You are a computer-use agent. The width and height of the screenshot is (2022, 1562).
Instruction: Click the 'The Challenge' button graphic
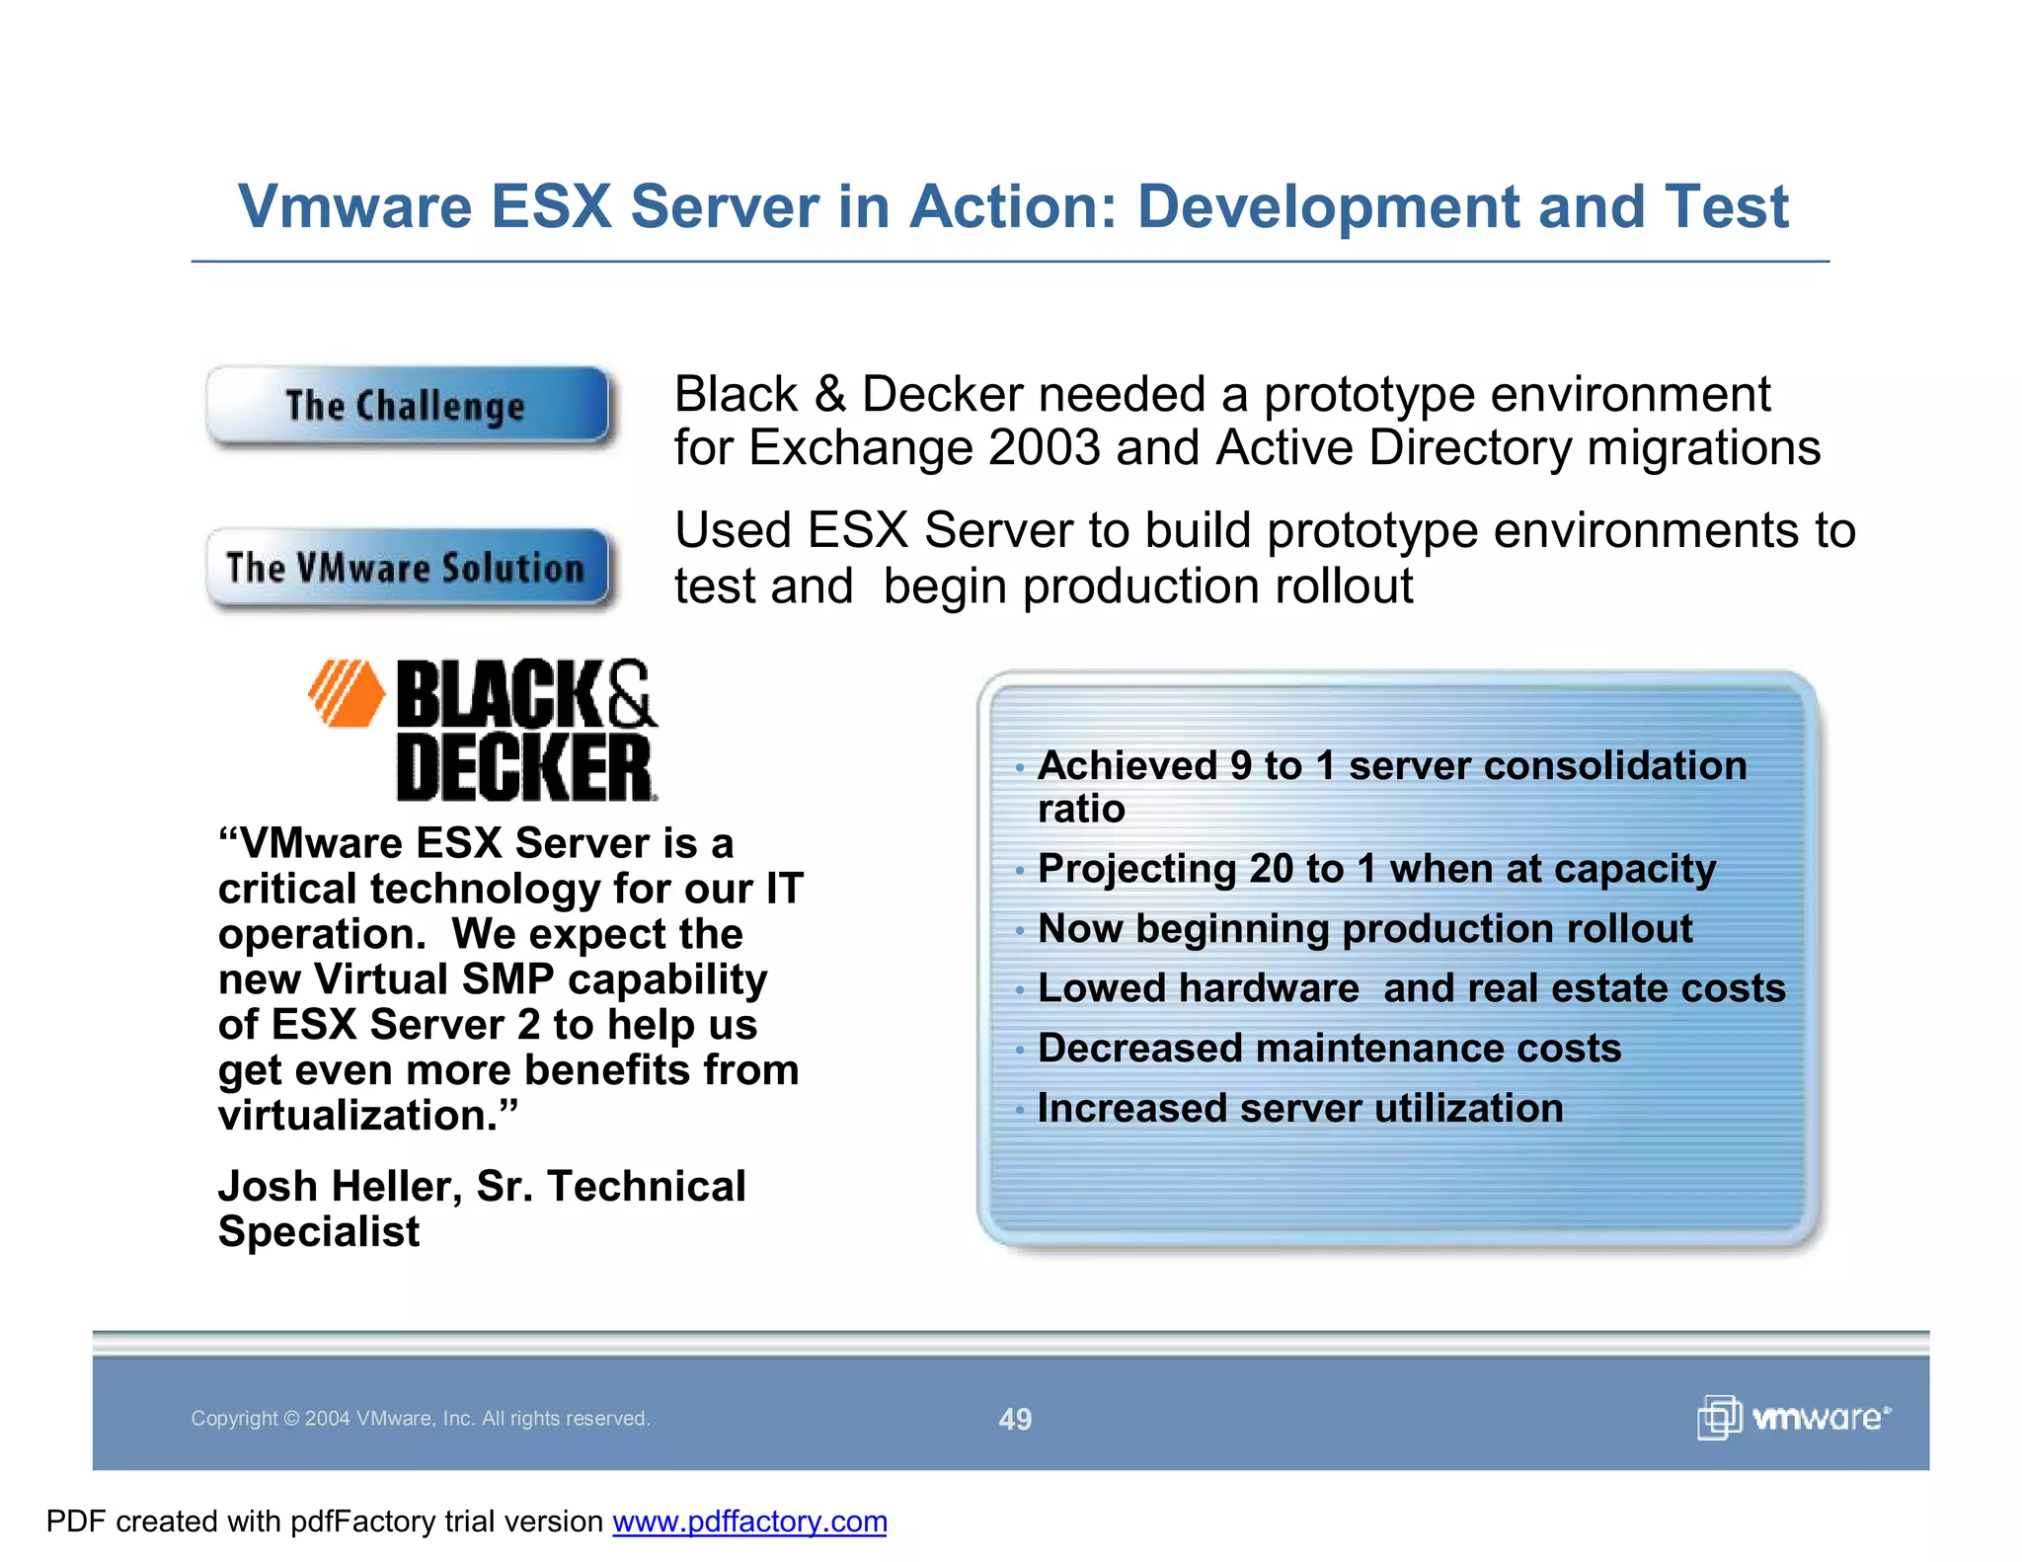(x=407, y=406)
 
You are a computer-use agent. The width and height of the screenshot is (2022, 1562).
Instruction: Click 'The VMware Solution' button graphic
(x=407, y=568)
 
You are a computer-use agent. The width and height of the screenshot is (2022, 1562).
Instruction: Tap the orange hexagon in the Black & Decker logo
(x=347, y=693)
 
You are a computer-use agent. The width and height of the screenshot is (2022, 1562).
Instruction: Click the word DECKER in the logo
(x=524, y=768)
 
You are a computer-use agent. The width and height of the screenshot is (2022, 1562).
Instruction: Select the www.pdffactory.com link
(x=749, y=1522)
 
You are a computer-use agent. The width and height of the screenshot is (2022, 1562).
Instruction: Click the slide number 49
(x=1015, y=1419)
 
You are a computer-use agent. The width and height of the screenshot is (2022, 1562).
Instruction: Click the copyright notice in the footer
(x=421, y=1419)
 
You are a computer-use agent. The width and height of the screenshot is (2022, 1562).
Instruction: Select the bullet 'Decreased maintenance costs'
(x=1329, y=1049)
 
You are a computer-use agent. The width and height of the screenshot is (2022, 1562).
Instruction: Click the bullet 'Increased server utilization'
(x=1300, y=1109)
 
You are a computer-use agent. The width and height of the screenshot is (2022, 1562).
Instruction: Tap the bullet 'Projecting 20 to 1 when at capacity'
(x=1376, y=869)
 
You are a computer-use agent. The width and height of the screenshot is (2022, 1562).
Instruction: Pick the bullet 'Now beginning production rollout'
(x=1364, y=929)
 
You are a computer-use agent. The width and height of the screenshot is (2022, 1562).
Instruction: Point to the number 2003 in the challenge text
(x=1044, y=448)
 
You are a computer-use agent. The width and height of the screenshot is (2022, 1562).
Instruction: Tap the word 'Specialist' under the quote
(x=319, y=1232)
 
